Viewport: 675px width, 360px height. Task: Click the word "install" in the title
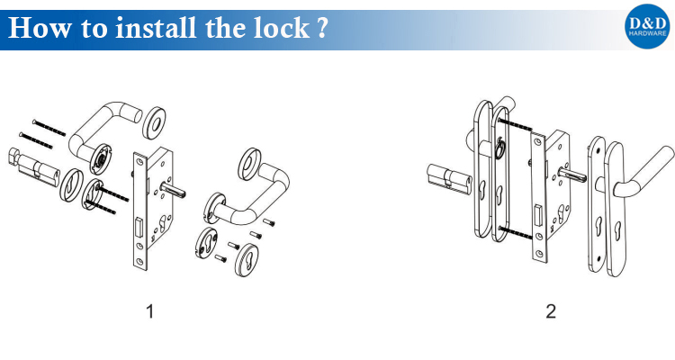coord(157,28)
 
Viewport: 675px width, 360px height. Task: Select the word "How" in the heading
coord(40,29)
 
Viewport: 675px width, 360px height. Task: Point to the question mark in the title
coord(322,29)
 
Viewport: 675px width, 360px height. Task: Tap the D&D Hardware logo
coord(647,26)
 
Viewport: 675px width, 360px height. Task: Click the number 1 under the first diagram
coord(149,311)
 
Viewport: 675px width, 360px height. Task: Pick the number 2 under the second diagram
coord(551,311)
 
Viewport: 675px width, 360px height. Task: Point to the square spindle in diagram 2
coord(571,173)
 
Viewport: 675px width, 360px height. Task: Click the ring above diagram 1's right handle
coord(249,163)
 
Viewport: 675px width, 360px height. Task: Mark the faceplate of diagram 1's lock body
coord(139,211)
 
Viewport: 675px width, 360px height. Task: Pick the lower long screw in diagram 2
coord(517,232)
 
